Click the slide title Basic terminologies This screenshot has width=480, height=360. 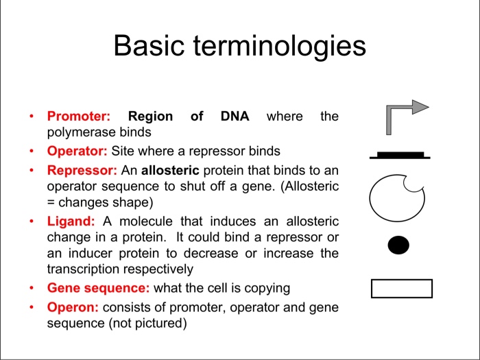239,46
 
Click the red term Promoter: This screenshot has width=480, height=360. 78,117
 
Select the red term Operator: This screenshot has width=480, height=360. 77,151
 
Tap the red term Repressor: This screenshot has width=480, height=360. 82,169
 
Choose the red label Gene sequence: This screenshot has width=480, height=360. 99,288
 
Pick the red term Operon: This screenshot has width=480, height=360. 73,307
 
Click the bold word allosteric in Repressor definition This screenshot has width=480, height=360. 170,169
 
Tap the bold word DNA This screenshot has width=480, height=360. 235,117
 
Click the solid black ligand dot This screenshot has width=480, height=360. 398,245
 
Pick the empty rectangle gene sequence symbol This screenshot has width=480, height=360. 401,289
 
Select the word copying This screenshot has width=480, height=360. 265,288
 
